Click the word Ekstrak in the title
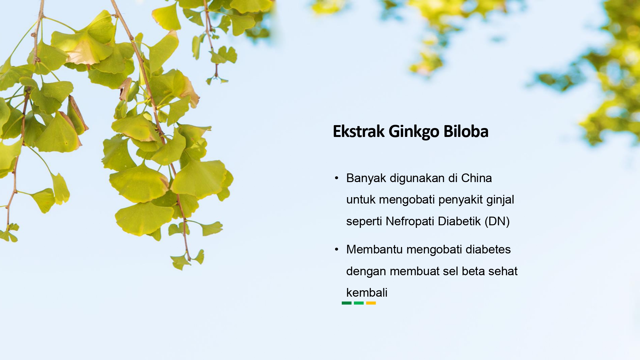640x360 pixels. (x=359, y=131)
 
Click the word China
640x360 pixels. (x=476, y=178)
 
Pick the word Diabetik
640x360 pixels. (x=459, y=221)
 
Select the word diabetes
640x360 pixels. (x=488, y=249)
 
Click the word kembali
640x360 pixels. (x=367, y=292)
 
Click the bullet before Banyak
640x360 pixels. (x=336, y=178)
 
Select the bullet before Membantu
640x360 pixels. (x=336, y=249)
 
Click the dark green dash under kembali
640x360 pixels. (x=347, y=303)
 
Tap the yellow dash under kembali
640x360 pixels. (x=371, y=303)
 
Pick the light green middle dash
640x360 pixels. (x=359, y=303)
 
